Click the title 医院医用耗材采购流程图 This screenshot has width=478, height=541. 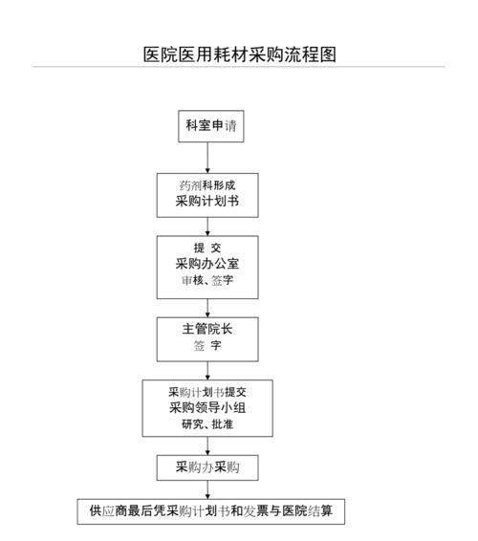pos(240,54)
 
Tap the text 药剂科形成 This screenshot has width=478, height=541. pos(207,185)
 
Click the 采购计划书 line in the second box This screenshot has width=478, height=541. pos(207,201)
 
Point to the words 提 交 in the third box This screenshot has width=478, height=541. pos(207,248)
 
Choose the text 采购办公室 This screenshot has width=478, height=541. pos(207,264)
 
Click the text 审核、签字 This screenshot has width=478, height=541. pos(207,280)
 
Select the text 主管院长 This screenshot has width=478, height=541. pos(207,329)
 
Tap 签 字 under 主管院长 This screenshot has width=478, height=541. pos(207,345)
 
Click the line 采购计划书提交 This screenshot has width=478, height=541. pos(207,392)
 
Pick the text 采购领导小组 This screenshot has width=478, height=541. pos(207,408)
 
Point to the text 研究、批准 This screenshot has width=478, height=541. pos(207,424)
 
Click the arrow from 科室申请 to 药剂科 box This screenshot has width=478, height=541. pos(207,158)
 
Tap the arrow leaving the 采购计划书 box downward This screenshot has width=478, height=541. pos(207,227)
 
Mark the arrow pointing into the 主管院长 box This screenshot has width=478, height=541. pos(207,308)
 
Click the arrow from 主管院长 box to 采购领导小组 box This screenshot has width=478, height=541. pos(207,371)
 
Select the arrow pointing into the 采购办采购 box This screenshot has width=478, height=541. pos(207,445)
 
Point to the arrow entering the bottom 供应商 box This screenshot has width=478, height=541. pos(207,490)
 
